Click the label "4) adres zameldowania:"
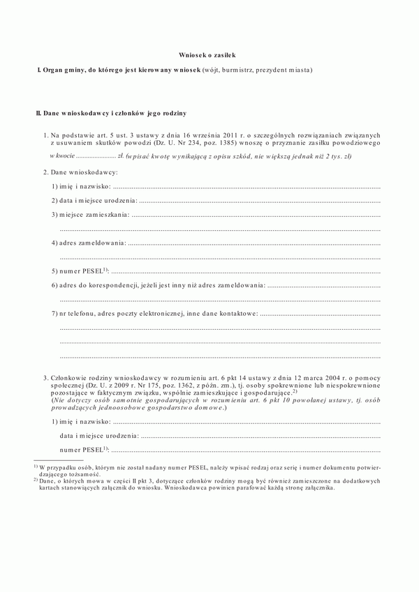(x=89, y=243)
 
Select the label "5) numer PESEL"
(x=78, y=271)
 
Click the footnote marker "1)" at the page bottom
(x=36, y=466)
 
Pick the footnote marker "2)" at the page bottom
(x=36, y=481)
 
